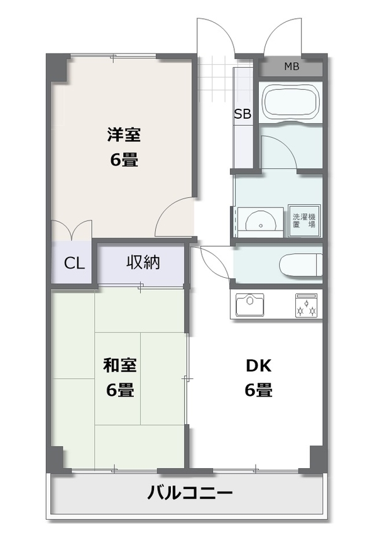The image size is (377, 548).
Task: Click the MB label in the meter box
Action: pos(292,66)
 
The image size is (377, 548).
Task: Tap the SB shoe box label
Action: pos(243,114)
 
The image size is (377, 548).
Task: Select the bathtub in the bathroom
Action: pos(290,102)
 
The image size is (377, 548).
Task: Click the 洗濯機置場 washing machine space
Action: pos(304,221)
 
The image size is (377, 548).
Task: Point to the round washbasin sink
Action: pos(261,221)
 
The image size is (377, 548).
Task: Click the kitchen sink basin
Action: pos(249,304)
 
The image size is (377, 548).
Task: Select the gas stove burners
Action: pos(307,305)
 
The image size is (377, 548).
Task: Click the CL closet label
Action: pos(74,263)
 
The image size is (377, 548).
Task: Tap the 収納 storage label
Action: pos(143,262)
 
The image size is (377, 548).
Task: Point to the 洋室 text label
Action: pos(124,134)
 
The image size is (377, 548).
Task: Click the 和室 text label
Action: pos(119,365)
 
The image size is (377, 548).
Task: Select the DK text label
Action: pos(258,366)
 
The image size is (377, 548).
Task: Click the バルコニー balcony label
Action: pos(189,493)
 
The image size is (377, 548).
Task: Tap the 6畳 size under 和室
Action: pos(120,390)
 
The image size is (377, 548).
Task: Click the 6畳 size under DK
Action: pos(258,390)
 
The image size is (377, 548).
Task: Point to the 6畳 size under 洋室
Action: pos(124,160)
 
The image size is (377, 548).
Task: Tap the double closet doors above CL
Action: pos(72,228)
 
